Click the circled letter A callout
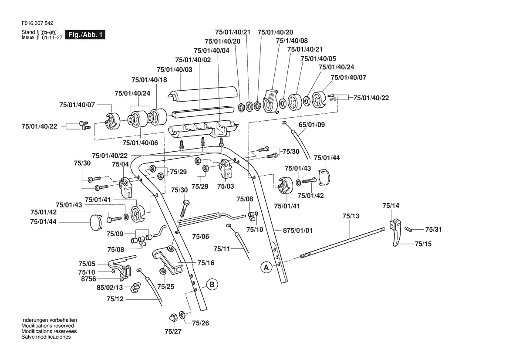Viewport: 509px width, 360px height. pos(266,268)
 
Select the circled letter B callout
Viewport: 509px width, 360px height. pos(212,284)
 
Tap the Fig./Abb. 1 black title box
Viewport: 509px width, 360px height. pos(85,35)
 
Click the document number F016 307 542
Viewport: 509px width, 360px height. pos(37,24)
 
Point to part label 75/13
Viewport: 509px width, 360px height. pos(351,216)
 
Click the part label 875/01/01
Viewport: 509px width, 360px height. pos(298,231)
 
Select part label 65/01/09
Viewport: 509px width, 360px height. pos(312,125)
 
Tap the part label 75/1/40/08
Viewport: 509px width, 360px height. pos(292,41)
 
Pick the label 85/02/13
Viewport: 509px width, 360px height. pos(110,288)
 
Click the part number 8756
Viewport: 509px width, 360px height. pos(88,279)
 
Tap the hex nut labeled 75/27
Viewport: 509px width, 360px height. pos(173,317)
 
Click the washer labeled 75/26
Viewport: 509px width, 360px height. pos(182,315)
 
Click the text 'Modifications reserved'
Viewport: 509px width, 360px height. pos(48,326)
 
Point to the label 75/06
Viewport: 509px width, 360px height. pos(201,237)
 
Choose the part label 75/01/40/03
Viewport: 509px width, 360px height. pos(174,70)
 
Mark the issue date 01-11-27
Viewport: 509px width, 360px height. pos(52,38)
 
